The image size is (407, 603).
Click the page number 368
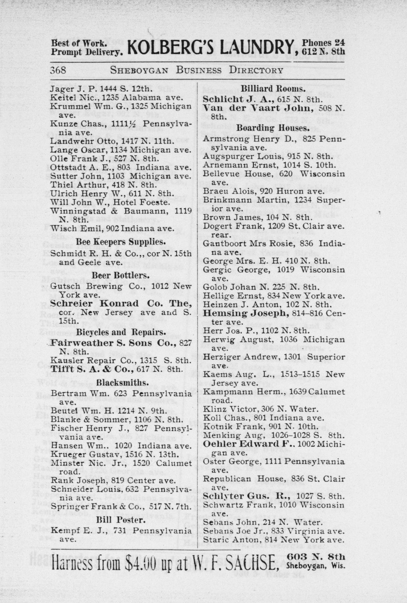click(x=59, y=70)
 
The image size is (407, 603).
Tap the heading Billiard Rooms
click(x=273, y=89)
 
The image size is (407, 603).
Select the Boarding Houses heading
click(x=273, y=128)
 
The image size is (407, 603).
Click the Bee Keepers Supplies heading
click(x=121, y=242)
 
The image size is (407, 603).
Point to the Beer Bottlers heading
click(x=120, y=275)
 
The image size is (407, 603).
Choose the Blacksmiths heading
click(x=122, y=383)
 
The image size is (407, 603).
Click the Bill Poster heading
click(x=120, y=520)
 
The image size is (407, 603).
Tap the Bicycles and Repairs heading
click(x=120, y=333)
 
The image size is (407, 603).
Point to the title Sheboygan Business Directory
click(x=196, y=70)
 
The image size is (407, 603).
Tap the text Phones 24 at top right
click(x=323, y=43)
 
